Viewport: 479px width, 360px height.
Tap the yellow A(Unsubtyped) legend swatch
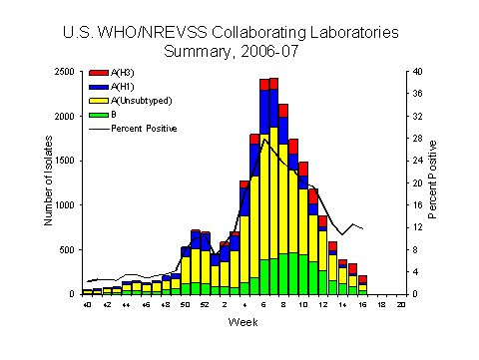[x=98, y=102]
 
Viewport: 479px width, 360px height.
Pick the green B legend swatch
[x=98, y=115]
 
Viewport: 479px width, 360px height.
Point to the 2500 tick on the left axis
[x=66, y=72]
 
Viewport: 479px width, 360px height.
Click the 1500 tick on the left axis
[x=66, y=161]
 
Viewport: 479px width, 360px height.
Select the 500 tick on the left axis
[x=70, y=249]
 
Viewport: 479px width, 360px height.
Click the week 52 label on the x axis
[x=206, y=304]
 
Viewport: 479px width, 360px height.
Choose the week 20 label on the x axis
[x=401, y=304]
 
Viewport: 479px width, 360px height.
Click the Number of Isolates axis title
[x=48, y=183]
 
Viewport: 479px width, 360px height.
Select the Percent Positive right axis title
[x=433, y=183]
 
